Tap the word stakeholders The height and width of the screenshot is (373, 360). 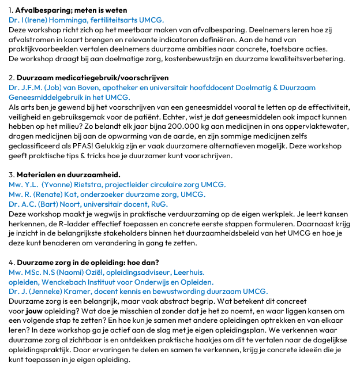click(142, 234)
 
